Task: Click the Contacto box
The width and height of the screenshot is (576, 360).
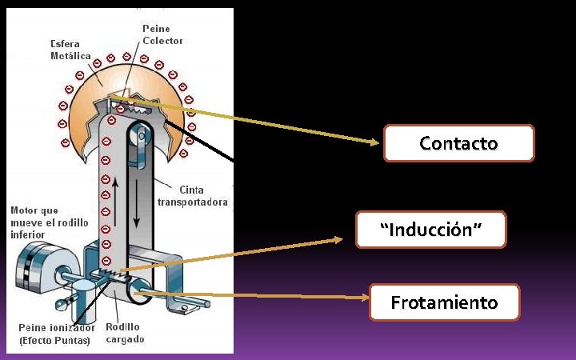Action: click(458, 143)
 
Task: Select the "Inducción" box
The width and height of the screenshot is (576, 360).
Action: click(431, 230)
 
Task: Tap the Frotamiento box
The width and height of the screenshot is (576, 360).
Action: click(444, 302)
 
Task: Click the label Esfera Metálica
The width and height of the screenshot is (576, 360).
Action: click(70, 50)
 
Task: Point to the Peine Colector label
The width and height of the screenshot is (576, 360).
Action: click(162, 34)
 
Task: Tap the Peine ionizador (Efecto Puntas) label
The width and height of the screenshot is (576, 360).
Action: click(56, 334)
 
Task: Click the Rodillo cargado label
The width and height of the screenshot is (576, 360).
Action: click(125, 333)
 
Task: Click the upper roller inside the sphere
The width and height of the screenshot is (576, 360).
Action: click(142, 133)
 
